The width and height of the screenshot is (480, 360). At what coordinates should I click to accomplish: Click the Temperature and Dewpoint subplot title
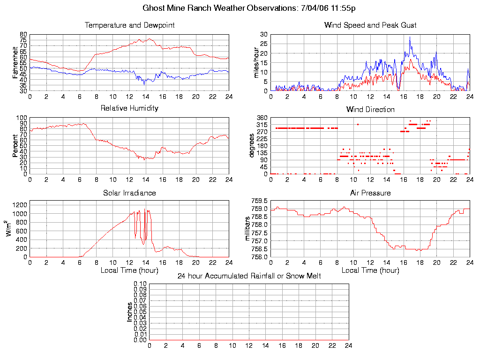point(129,25)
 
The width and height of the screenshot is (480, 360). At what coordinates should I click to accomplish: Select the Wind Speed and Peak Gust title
point(370,25)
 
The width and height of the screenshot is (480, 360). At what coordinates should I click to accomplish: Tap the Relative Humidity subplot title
point(129,108)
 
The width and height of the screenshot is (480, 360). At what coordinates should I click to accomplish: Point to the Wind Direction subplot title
point(370,110)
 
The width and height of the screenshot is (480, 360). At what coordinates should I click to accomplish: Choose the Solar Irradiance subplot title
point(129,193)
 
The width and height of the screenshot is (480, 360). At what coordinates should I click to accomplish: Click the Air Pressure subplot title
point(370,193)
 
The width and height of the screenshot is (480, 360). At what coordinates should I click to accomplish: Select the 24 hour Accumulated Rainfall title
point(249,276)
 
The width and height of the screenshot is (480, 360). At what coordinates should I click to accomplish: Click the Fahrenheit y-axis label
point(15,63)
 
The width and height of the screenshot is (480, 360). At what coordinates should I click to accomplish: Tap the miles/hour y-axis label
point(256,63)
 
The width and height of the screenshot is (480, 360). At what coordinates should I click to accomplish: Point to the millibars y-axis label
point(249,228)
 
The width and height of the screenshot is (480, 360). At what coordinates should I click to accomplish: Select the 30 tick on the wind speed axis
point(264,35)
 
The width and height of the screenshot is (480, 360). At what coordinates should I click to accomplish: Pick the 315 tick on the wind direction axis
point(262,125)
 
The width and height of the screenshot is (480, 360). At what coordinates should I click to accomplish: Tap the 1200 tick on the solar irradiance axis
point(21,205)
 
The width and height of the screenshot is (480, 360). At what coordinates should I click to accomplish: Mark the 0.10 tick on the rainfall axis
point(140,284)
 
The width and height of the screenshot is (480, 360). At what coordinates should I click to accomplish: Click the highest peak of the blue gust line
point(410,37)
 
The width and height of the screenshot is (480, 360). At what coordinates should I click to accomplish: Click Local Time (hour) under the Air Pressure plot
point(370,270)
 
